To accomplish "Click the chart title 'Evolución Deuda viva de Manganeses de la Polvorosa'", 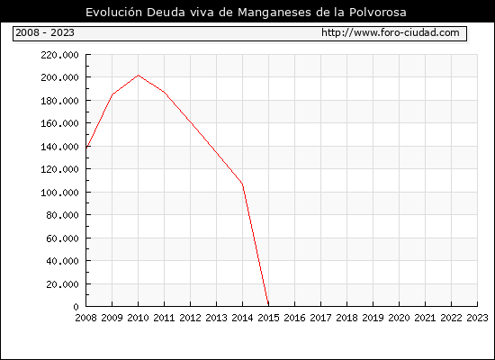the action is click(x=246, y=13).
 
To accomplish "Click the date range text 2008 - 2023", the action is click(x=45, y=32).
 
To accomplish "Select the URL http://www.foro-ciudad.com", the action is click(x=391, y=32).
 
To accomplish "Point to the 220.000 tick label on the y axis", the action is click(x=59, y=55).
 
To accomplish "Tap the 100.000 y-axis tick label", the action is click(x=59, y=193).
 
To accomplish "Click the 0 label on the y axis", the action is click(x=76, y=307).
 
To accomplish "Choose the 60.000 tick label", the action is click(x=62, y=238).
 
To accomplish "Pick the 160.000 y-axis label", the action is click(x=59, y=123).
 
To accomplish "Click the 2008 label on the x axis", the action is click(x=85, y=318).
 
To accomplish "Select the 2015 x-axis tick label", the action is click(x=269, y=318).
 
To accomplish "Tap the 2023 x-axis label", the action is click(x=477, y=318).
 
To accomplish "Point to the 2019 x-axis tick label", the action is click(x=373, y=318).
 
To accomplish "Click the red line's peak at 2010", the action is click(x=139, y=76).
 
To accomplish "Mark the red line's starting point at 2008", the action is click(x=86, y=148).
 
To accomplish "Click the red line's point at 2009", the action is click(x=112, y=94).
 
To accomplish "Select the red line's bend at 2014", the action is click(x=242, y=184).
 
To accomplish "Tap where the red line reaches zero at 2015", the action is click(x=268, y=306).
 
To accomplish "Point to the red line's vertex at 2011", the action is click(x=164, y=92).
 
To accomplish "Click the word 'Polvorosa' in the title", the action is click(x=378, y=13).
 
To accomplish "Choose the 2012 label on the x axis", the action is click(x=191, y=318).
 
